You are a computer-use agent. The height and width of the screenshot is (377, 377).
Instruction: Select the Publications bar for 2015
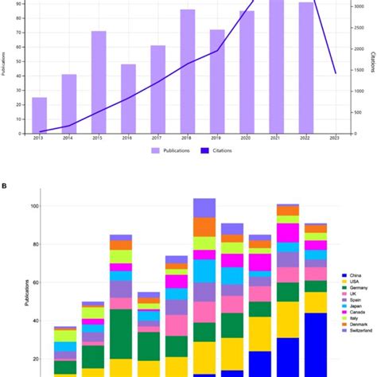[x=99, y=83]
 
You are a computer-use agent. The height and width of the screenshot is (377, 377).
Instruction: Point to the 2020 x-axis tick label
[x=247, y=138]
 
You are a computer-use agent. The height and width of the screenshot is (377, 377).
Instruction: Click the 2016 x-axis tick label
[x=129, y=138]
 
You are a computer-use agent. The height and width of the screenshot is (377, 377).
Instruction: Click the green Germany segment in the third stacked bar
[x=121, y=333]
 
